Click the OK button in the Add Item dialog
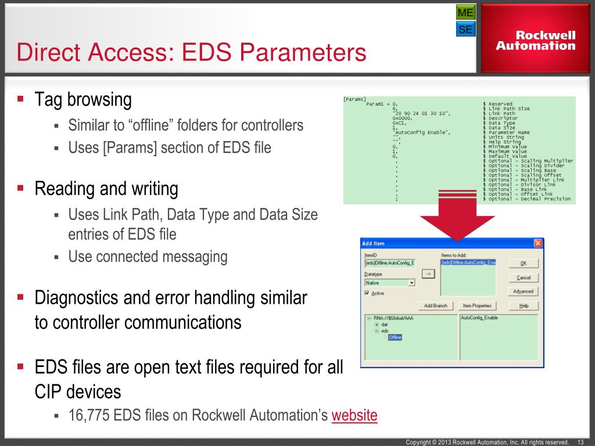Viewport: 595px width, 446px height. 523,262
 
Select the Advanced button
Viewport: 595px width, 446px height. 523,292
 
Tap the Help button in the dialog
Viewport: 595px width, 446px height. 523,305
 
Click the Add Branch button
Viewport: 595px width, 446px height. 436,305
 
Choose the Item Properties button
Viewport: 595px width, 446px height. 477,305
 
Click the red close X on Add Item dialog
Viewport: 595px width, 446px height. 537,243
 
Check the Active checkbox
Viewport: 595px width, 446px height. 367,293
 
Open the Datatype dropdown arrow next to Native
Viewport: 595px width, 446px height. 411,283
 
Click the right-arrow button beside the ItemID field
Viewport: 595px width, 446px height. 428,274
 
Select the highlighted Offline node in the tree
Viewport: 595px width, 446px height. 395,337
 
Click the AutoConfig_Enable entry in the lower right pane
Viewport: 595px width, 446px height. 479,318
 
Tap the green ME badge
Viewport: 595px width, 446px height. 465,12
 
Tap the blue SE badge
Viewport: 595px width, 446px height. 465,29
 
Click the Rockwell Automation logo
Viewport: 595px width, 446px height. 536,40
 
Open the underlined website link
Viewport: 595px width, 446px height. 354,416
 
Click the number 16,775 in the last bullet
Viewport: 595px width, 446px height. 87,416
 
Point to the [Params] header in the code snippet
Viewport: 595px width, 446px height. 354,99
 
